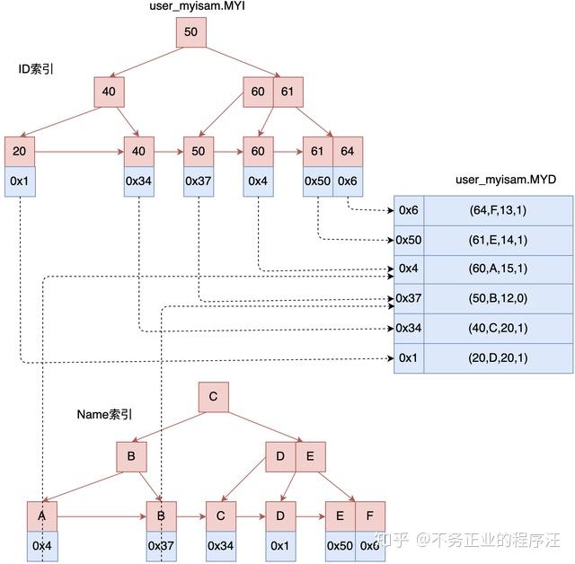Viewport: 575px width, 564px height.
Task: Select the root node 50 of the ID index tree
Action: click(190, 32)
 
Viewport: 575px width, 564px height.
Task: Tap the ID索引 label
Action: click(36, 69)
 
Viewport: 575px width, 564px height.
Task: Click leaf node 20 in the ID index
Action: click(19, 152)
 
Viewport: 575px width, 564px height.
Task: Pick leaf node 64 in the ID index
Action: click(348, 152)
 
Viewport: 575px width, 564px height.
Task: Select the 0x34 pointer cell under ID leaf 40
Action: click(138, 181)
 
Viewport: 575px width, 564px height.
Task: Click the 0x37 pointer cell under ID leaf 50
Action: click(198, 181)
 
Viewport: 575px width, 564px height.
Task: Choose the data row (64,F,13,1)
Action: click(498, 210)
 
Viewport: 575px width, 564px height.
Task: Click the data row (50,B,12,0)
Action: click(498, 298)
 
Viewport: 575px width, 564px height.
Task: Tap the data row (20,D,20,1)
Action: click(498, 357)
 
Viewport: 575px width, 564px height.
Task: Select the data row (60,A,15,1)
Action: click(498, 269)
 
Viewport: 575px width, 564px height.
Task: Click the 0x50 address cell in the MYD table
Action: click(409, 240)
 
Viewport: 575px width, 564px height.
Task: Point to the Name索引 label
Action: click(104, 414)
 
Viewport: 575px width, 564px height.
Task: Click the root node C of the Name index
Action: click(213, 397)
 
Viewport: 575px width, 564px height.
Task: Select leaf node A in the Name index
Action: click(42, 516)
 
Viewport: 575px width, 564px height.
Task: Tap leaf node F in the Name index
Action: click(369, 516)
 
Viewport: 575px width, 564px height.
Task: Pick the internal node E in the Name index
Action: click(310, 456)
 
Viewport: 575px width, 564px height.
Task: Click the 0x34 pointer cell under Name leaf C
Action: click(221, 546)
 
